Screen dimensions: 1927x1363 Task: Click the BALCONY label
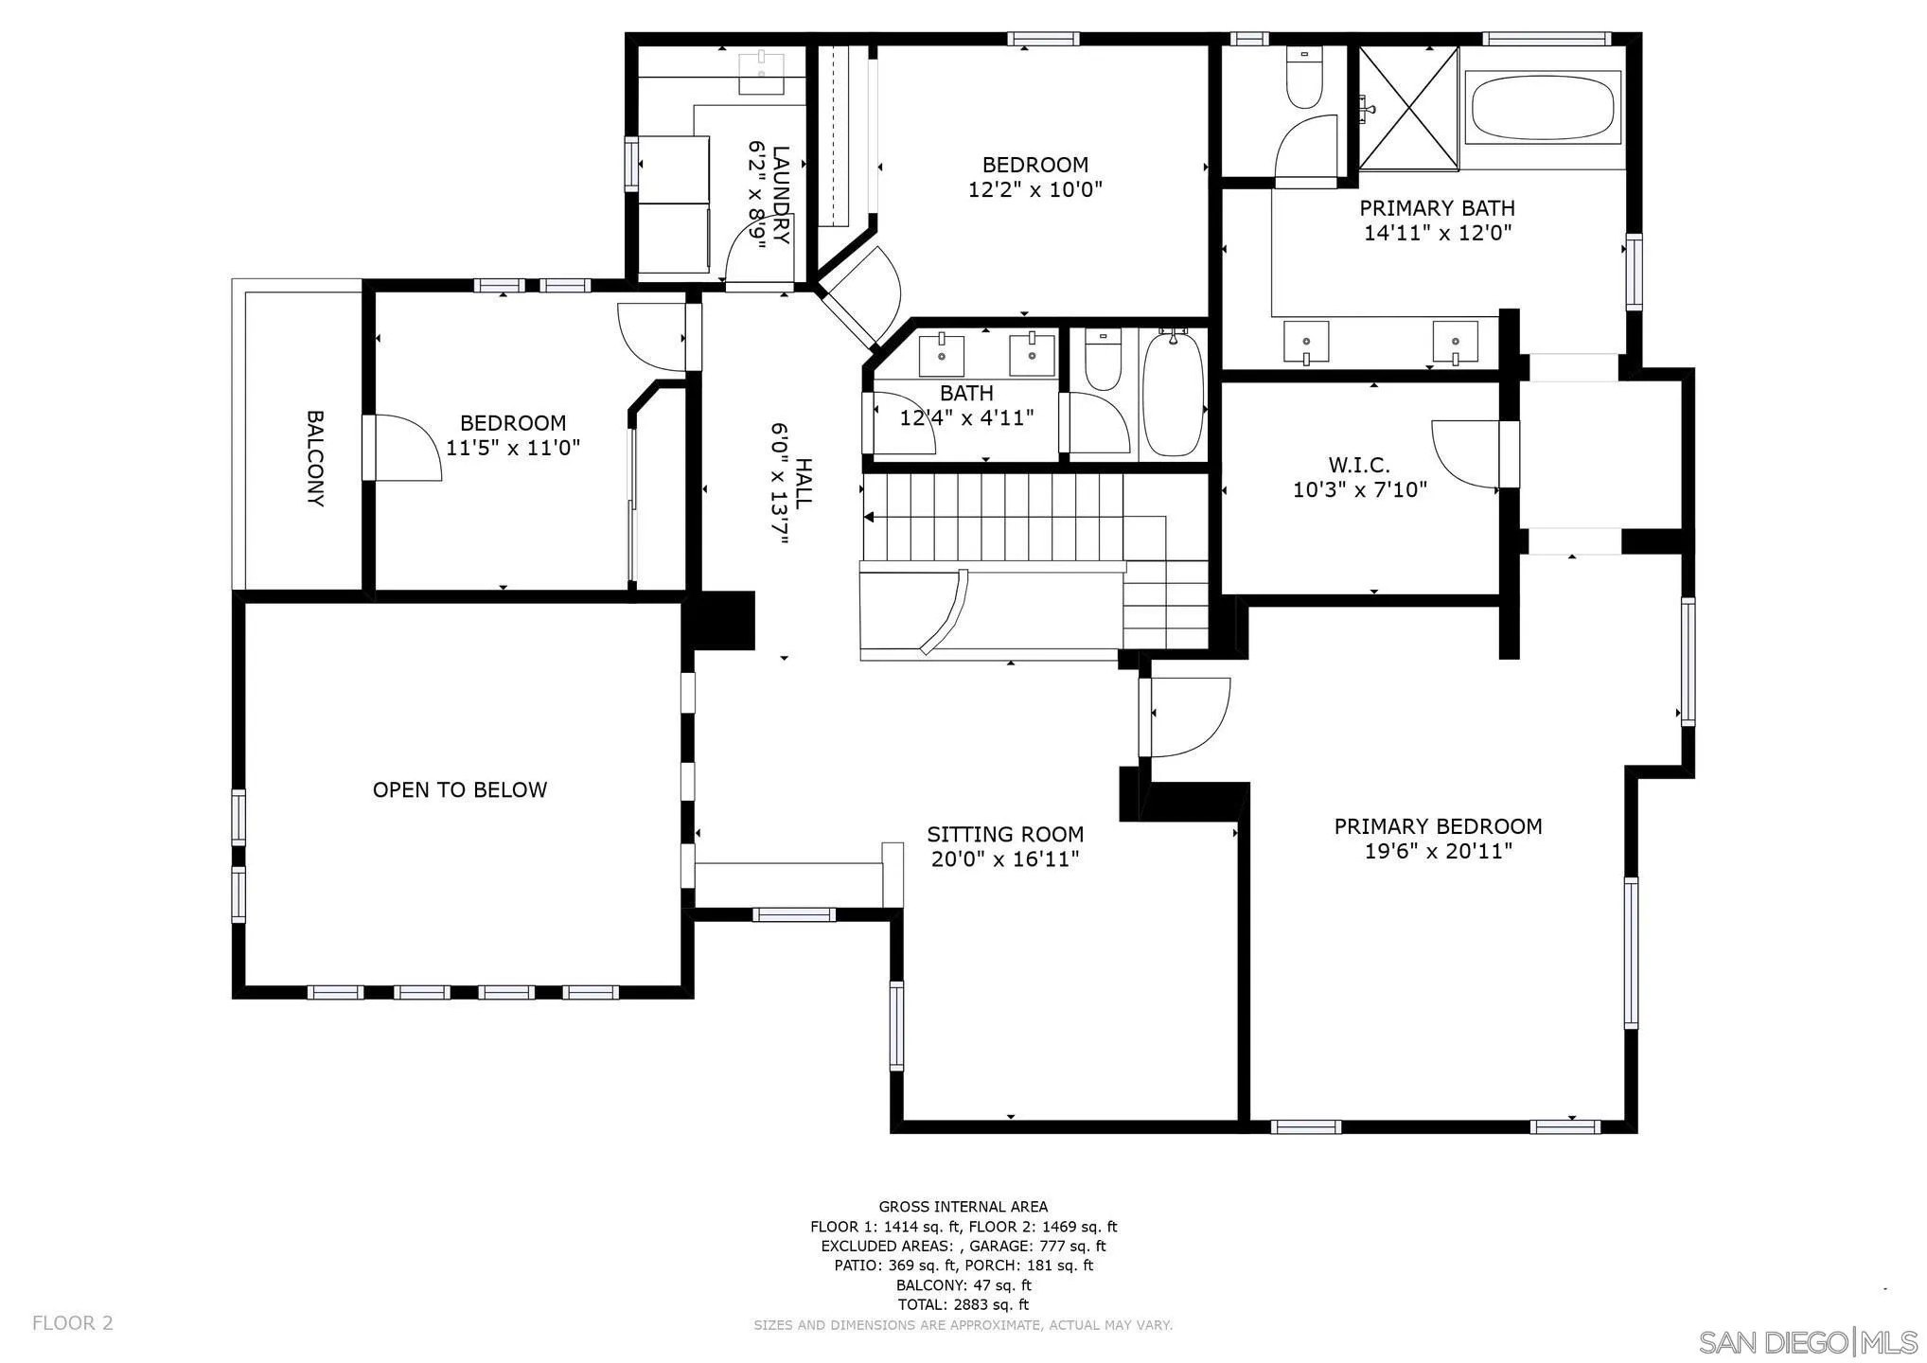[315, 458]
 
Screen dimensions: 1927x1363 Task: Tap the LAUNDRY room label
[782, 194]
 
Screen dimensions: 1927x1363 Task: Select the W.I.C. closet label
[1359, 466]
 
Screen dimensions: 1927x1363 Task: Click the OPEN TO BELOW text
[460, 790]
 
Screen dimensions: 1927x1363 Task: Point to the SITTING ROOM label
[1005, 835]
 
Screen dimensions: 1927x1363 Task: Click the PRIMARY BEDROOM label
[1438, 826]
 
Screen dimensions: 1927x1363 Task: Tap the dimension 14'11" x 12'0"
[1437, 233]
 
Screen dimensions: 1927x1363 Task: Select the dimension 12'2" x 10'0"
[1034, 189]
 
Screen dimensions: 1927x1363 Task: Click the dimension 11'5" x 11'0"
[512, 448]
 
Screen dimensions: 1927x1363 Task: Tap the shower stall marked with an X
[1409, 108]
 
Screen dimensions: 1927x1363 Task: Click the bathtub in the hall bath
[1174, 394]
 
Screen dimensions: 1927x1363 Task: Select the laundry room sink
[761, 73]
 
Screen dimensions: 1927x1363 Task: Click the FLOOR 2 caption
[73, 1323]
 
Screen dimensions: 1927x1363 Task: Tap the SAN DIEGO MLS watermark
[1809, 1342]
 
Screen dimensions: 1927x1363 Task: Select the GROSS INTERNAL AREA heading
[963, 1207]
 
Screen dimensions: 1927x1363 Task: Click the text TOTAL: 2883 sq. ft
[963, 1305]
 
